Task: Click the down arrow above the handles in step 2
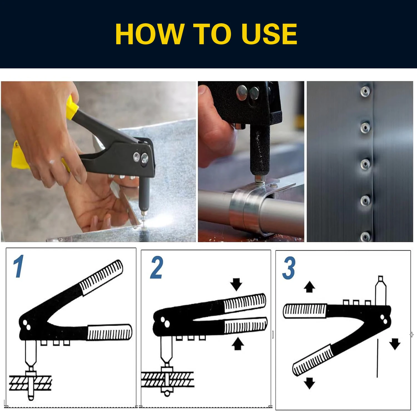pyautogui.click(x=236, y=284)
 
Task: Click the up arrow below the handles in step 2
pyautogui.click(x=238, y=344)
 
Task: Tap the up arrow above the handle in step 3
pyautogui.click(x=309, y=287)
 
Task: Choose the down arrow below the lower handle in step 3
pyautogui.click(x=309, y=383)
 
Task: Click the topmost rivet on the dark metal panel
pyautogui.click(x=365, y=91)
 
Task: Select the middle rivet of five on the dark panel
pyautogui.click(x=365, y=164)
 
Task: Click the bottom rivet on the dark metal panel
pyautogui.click(x=365, y=237)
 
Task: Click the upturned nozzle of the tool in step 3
pyautogui.click(x=381, y=291)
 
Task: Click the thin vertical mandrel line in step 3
pyautogui.click(x=378, y=358)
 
